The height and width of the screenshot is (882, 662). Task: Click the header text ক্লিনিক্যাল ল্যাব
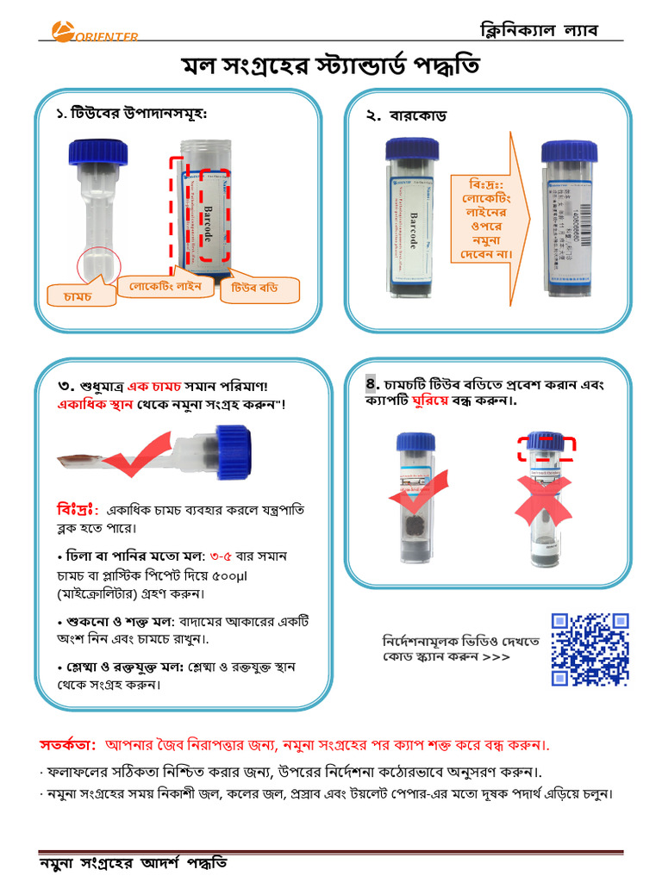539,30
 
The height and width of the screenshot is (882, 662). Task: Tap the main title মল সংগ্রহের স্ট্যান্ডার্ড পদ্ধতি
331,66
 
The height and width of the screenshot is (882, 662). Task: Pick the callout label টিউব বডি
258,290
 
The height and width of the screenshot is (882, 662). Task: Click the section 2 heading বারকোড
417,116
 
